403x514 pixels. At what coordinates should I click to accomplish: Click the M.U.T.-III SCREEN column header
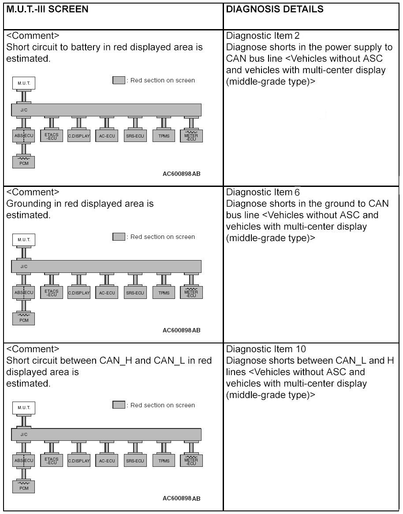pos(47,9)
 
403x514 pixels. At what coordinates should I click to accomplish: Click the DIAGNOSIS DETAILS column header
pos(274,9)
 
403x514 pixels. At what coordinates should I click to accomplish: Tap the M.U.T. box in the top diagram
pos(24,83)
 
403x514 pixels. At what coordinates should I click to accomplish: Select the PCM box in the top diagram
pos(24,162)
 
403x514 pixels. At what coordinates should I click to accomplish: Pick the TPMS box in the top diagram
pos(164,136)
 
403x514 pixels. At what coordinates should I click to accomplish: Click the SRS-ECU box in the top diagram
pos(135,136)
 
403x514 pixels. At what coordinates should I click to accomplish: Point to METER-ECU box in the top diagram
pos(191,136)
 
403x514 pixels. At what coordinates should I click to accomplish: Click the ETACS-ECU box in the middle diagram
pos(52,292)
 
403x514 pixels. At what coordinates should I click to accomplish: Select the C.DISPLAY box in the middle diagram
pos(79,292)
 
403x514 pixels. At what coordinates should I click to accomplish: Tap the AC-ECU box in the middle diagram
pos(107,292)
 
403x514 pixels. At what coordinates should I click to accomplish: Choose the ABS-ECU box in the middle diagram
pos(24,292)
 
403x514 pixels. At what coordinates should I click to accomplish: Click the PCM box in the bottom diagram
pos(24,486)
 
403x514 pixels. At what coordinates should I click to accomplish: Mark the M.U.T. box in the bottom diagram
pos(24,408)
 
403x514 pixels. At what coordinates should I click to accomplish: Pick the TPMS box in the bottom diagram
pos(164,461)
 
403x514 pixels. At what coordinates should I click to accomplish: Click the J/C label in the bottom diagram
pos(24,434)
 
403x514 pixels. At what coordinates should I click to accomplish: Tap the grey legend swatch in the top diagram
pos(119,80)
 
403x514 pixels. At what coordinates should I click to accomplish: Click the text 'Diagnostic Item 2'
pos(263,36)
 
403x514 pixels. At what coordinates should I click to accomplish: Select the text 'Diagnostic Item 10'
pos(265,349)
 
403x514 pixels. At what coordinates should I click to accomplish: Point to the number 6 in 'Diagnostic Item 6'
pos(297,192)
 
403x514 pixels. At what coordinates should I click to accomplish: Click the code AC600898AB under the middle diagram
pos(181,330)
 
